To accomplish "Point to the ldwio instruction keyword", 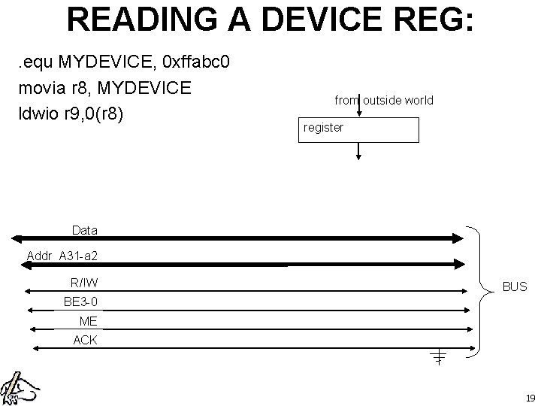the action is tap(41, 115).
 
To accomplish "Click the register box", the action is tap(359, 129).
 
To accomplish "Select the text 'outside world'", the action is tap(399, 101).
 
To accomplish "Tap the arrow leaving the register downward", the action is tap(359, 151).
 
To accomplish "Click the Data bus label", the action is tap(84, 229).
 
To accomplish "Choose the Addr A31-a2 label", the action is tap(62, 256).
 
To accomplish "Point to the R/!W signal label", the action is tap(84, 283).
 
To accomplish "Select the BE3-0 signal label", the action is tap(80, 302).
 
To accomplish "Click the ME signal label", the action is tap(88, 321).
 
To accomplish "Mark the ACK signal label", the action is tap(85, 340).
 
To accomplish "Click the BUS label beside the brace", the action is tap(515, 286).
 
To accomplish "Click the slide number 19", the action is tap(530, 398).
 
